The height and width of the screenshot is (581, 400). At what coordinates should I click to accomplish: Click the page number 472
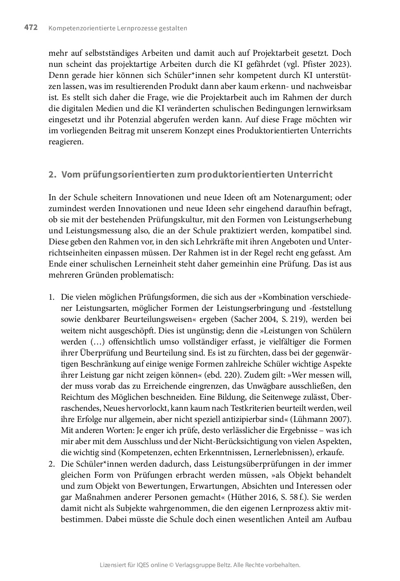[x=31, y=27]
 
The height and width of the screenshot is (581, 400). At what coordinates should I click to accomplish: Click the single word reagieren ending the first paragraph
[x=66, y=142]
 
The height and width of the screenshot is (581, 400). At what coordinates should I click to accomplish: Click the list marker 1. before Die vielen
[x=51, y=297]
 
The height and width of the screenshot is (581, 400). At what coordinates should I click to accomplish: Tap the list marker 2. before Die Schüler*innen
[x=52, y=464]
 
